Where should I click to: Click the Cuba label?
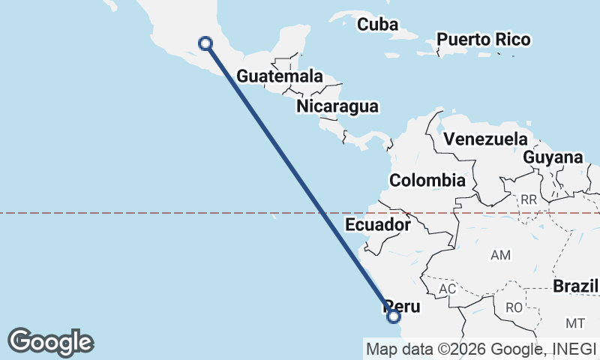[377, 24]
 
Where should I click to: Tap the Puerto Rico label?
[483, 40]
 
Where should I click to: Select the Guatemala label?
[280, 76]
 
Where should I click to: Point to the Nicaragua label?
[337, 106]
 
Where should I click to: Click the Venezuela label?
[485, 139]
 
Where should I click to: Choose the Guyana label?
[553, 157]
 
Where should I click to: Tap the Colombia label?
[427, 180]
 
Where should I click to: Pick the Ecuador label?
[378, 224]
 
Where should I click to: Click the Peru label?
[403, 307]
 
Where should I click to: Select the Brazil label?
[575, 286]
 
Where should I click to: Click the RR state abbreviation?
[529, 199]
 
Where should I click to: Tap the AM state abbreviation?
[500, 255]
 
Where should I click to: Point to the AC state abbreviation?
[448, 289]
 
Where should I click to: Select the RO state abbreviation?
[514, 307]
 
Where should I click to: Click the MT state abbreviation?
[575, 323]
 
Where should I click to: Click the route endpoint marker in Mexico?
[205, 43]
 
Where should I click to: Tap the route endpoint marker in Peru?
[393, 316]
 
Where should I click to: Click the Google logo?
[51, 342]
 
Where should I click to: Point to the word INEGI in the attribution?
[574, 349]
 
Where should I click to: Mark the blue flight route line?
[299, 180]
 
